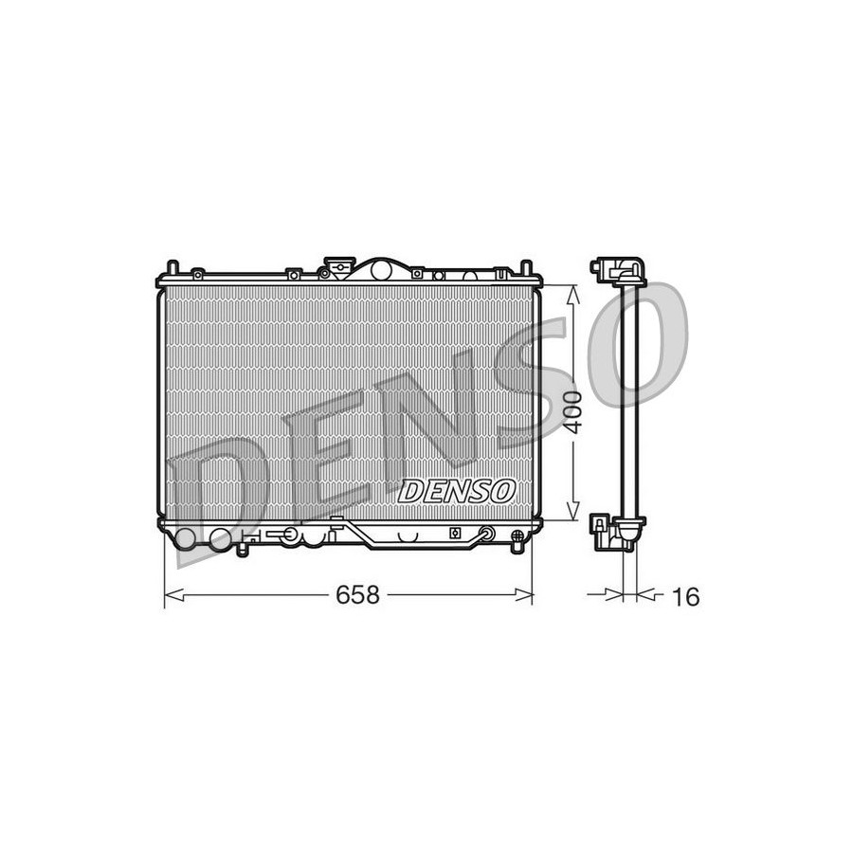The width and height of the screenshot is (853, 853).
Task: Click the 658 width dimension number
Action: click(357, 594)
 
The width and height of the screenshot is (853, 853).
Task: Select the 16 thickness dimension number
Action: click(685, 597)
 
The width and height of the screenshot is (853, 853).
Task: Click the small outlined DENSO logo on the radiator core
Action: click(457, 491)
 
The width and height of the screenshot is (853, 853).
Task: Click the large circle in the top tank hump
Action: click(380, 269)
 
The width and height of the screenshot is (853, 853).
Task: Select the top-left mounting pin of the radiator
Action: click(172, 268)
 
